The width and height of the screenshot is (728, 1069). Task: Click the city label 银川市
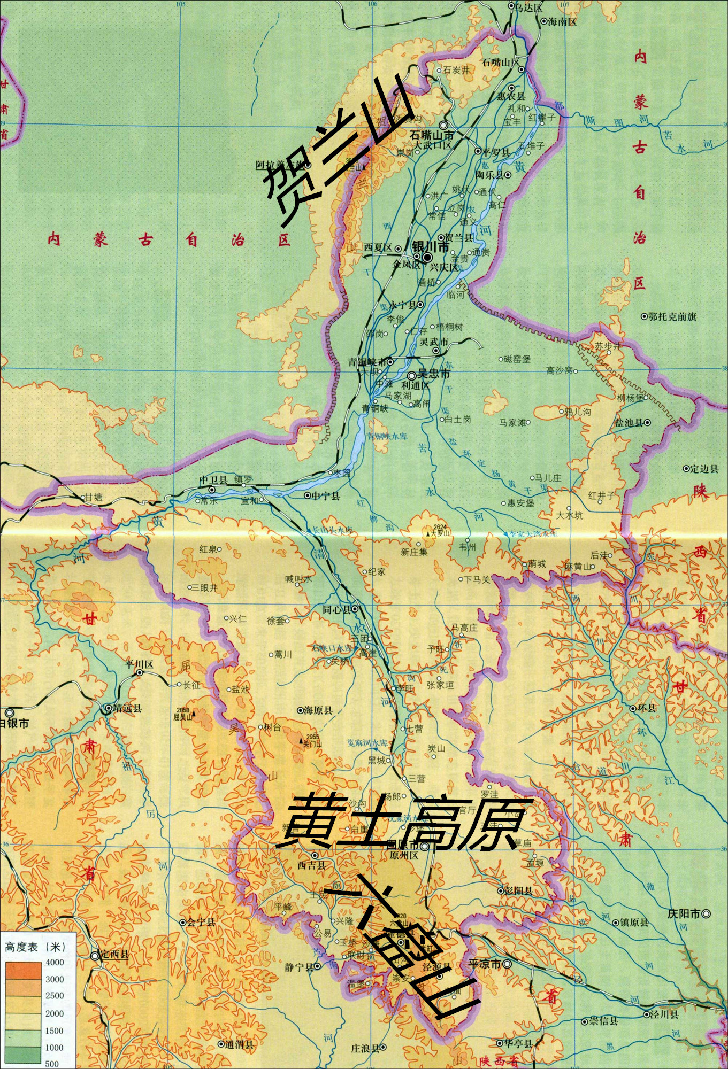tap(431, 247)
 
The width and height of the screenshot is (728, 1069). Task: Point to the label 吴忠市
tap(434, 374)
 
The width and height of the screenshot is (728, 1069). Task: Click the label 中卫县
tap(213, 480)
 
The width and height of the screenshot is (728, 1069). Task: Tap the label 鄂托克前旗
tap(672, 316)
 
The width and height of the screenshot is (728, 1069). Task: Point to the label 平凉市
tap(485, 964)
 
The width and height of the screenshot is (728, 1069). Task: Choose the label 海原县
tap(318, 710)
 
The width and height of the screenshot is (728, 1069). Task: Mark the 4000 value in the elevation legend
tap(54, 962)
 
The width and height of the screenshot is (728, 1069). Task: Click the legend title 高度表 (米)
tap(35, 947)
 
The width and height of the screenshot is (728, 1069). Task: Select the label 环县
tap(647, 708)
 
